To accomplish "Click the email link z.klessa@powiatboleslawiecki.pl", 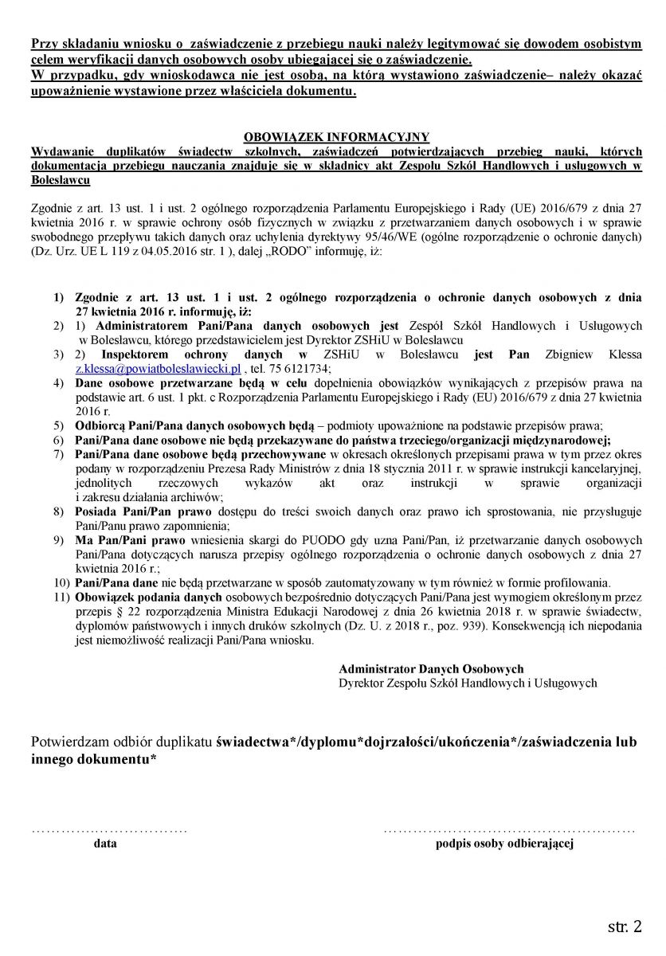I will coord(158,369).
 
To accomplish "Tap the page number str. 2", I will coord(625,927).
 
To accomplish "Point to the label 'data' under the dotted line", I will coord(105,844).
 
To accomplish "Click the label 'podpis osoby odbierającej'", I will coord(504,844).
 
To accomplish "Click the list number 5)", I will coord(59,425).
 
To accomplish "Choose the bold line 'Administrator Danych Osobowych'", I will coord(431,669).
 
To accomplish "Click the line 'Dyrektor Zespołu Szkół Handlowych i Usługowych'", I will coord(468,683).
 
